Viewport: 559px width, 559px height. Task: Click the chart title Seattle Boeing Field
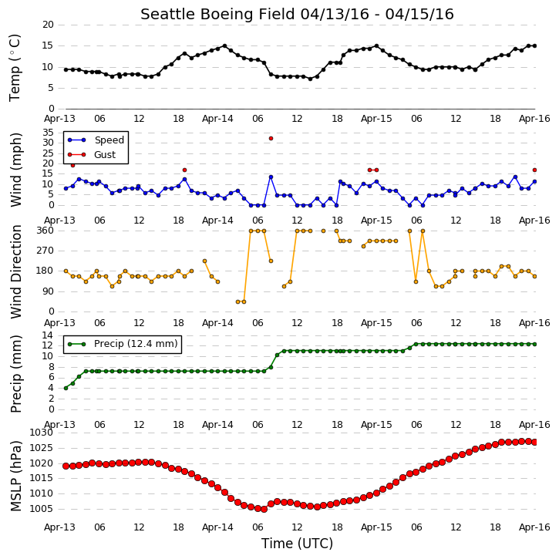(218, 14)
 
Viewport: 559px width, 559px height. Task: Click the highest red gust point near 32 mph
(271, 138)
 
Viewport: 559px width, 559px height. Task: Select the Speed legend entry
(96, 140)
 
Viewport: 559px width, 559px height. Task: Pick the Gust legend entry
(91, 155)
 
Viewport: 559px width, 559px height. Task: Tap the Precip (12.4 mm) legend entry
(123, 344)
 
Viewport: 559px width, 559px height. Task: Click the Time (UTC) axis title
(297, 544)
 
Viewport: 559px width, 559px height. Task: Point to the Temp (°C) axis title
(15, 68)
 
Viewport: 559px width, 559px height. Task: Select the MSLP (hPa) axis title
(15, 476)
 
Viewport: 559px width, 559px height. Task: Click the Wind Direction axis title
(15, 271)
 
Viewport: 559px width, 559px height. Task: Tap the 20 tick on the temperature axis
(48, 25)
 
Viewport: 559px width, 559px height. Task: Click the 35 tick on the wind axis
(48, 133)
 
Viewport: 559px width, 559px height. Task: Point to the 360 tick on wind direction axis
(45, 231)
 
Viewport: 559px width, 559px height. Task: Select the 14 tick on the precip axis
(48, 335)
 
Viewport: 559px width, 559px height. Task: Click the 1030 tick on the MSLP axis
(42, 433)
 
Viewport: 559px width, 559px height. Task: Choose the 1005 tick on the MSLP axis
(42, 509)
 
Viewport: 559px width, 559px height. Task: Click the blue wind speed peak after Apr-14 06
(271, 177)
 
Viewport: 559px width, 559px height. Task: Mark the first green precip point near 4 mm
(66, 388)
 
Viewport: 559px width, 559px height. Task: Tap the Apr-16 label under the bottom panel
(534, 527)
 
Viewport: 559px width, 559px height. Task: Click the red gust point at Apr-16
(534, 170)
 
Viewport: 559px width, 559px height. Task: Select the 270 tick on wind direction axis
(45, 251)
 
